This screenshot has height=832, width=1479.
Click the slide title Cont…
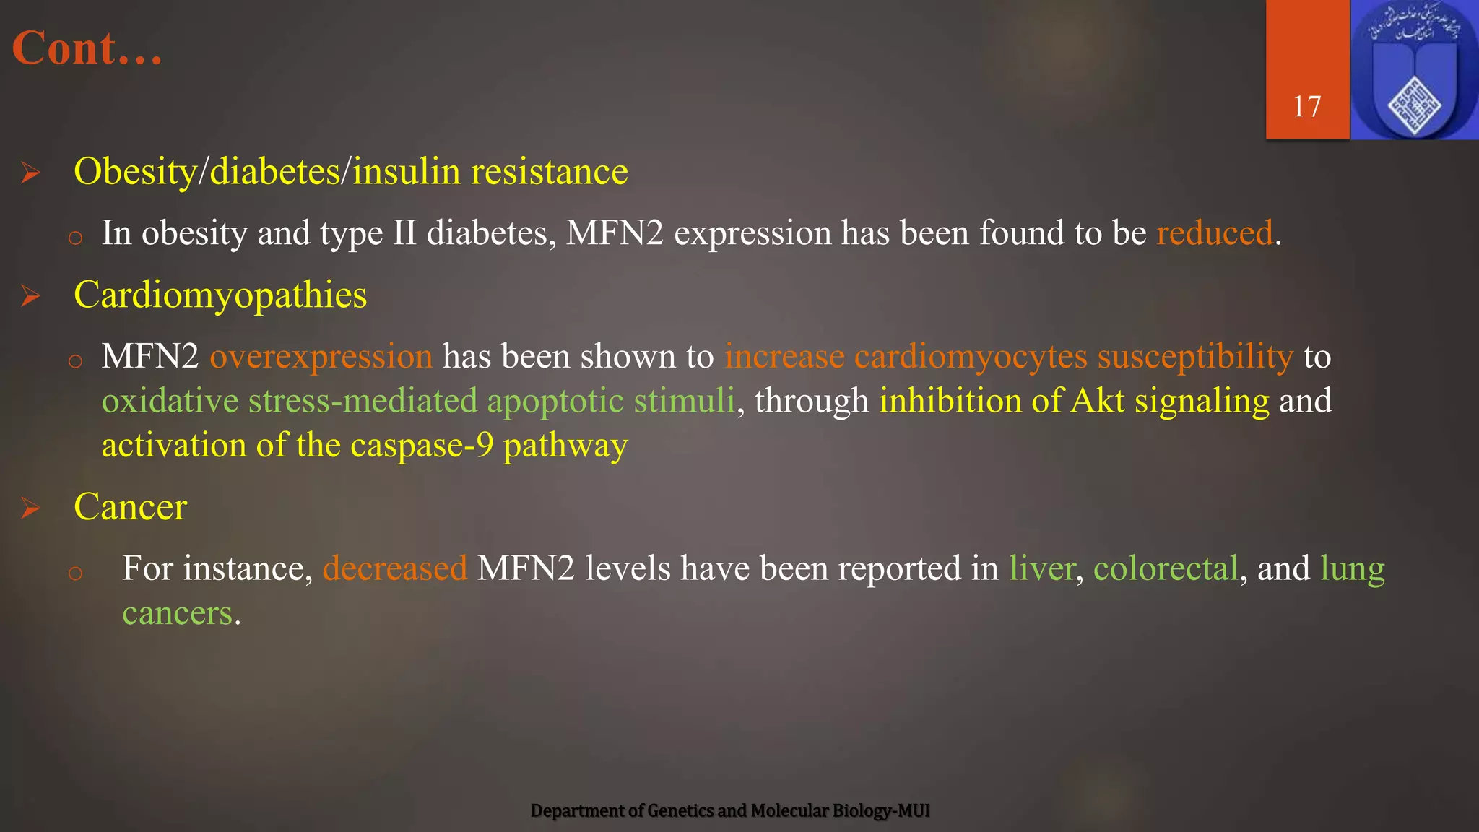87,49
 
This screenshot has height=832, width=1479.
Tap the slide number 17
1306,107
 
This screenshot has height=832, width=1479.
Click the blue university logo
1414,70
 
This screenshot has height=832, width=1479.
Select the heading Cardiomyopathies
220,295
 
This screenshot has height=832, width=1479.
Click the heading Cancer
131,507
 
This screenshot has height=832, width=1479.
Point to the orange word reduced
1214,233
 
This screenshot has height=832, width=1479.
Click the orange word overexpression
321,357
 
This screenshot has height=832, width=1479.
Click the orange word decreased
395,568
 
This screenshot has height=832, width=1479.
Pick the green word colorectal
1166,568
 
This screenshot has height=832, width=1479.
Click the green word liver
1042,568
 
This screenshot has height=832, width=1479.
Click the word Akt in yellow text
1097,401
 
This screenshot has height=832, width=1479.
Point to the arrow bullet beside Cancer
30,508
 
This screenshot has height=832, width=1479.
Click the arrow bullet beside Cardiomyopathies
30,296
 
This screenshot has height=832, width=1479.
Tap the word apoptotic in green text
555,402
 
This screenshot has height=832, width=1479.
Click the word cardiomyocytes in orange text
971,357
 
